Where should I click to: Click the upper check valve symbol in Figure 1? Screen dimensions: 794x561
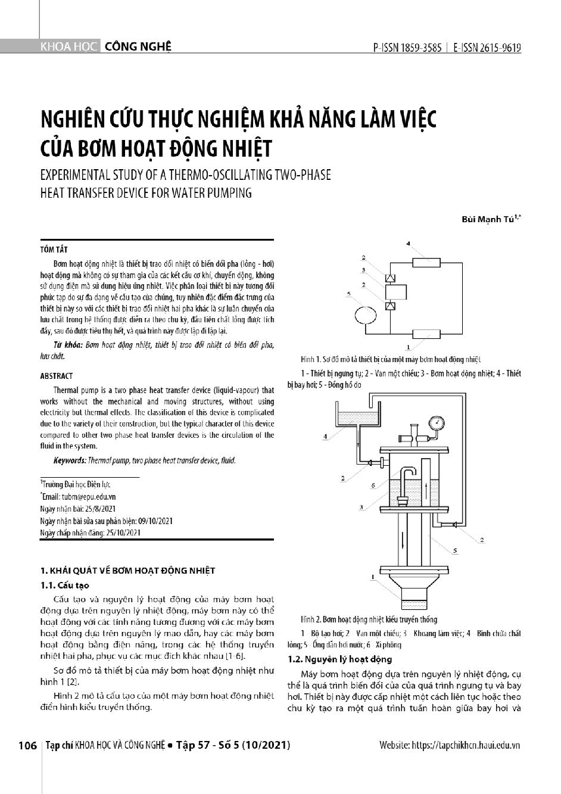click(x=391, y=278)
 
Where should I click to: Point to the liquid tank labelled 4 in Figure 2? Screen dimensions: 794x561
click(x=356, y=418)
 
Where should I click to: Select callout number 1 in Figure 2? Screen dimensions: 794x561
click(x=373, y=577)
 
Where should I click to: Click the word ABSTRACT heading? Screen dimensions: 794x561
click(x=56, y=376)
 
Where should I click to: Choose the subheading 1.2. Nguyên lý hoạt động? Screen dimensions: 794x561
click(x=339, y=659)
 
